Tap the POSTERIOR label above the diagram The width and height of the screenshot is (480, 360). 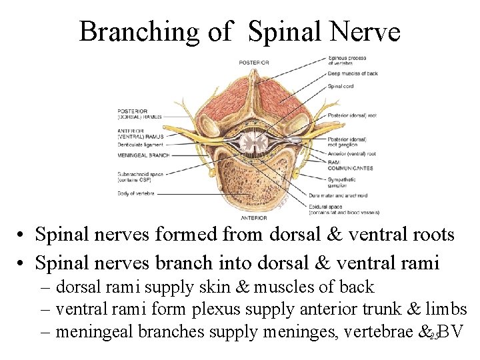(x=254, y=62)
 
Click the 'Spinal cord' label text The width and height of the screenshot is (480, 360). (x=341, y=86)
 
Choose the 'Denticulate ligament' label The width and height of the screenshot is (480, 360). (x=139, y=143)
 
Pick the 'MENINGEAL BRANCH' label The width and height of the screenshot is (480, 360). (x=143, y=156)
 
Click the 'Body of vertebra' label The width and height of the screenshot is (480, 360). (x=135, y=193)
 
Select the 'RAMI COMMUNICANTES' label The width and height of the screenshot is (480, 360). (x=350, y=166)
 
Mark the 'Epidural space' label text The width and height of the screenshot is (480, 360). (x=343, y=208)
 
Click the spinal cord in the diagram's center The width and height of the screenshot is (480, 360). (x=253, y=141)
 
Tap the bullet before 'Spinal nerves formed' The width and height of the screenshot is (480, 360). (x=23, y=235)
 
